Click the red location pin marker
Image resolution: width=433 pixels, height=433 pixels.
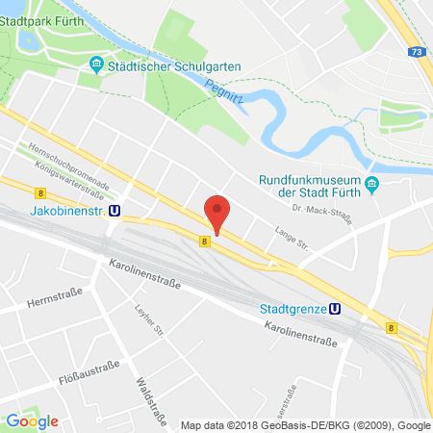click(x=218, y=212)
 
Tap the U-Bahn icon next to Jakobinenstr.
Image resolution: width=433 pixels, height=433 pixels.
click(x=115, y=211)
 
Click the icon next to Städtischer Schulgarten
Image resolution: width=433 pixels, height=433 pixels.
click(x=96, y=64)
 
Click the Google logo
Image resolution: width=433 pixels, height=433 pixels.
click(x=32, y=420)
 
